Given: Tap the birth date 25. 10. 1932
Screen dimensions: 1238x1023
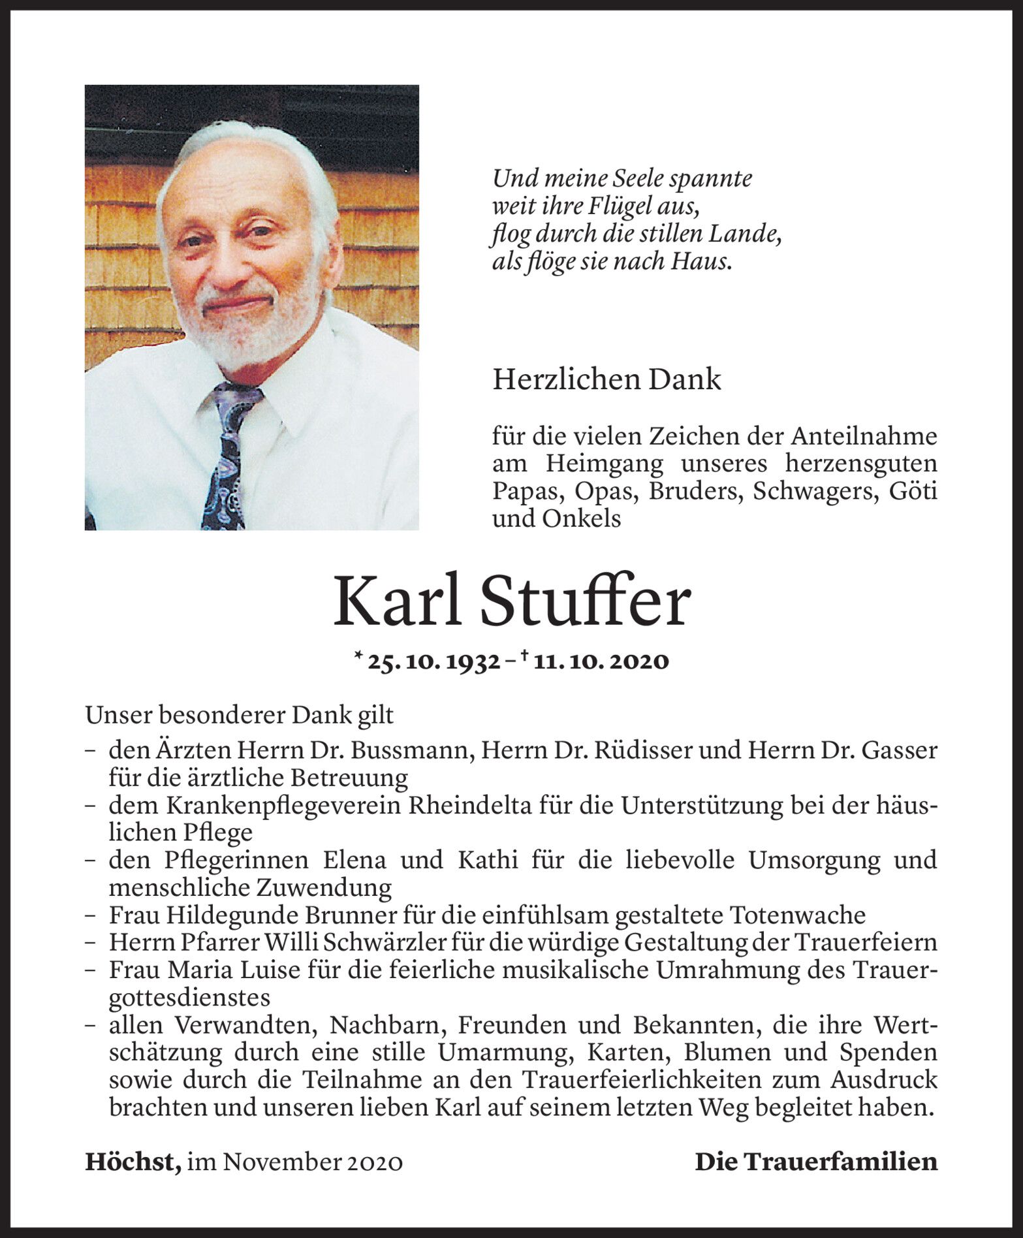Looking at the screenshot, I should (434, 661).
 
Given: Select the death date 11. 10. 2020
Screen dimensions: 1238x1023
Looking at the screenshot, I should (601, 661).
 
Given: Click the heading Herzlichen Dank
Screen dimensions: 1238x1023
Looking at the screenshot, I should (606, 379).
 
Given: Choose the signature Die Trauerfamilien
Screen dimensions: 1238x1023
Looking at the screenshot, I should (815, 1162).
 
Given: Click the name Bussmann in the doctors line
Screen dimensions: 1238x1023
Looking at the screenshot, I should (412, 751).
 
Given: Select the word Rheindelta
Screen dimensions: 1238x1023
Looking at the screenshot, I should (470, 806).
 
